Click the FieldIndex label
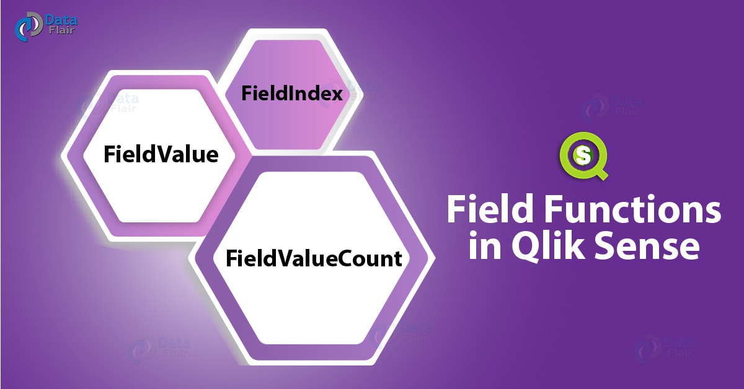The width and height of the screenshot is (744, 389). tap(292, 94)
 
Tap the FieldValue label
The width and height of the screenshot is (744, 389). tap(161, 154)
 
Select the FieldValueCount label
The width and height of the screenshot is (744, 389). tap(314, 258)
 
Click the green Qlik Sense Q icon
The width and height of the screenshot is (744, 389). tap(583, 155)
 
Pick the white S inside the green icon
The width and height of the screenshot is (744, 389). tap(582, 155)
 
